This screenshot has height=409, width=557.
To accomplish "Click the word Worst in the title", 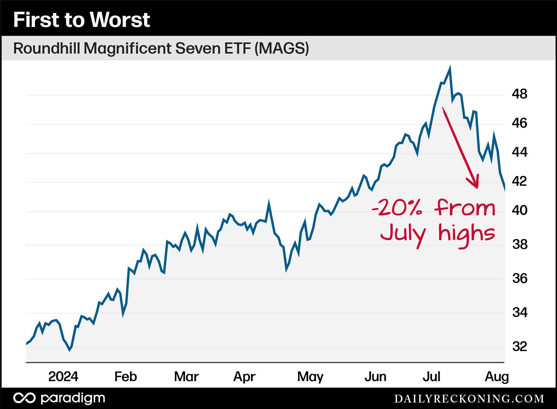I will tap(120, 20).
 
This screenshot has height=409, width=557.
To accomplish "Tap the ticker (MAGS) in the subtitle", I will tap(282, 49).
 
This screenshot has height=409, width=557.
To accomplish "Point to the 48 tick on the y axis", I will tap(520, 94).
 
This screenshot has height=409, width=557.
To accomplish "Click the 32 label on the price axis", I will tap(520, 346).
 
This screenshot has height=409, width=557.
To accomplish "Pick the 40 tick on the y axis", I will tap(520, 211).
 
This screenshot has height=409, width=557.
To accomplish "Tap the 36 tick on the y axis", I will tap(520, 279).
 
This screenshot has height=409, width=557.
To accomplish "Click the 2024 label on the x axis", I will tap(63, 377).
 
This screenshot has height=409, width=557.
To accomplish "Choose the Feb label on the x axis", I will tap(126, 377).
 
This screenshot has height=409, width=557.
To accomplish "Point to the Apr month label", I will tap(244, 377).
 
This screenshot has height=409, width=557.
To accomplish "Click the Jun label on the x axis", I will tap(375, 377).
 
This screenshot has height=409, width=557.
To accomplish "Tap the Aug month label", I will tap(497, 377).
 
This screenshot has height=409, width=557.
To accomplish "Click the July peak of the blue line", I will tap(450, 67).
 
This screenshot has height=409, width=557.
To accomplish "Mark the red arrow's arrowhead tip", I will tap(477, 187).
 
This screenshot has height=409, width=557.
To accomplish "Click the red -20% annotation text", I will tap(397, 208).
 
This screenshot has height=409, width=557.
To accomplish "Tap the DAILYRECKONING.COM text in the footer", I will tap(469, 398).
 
